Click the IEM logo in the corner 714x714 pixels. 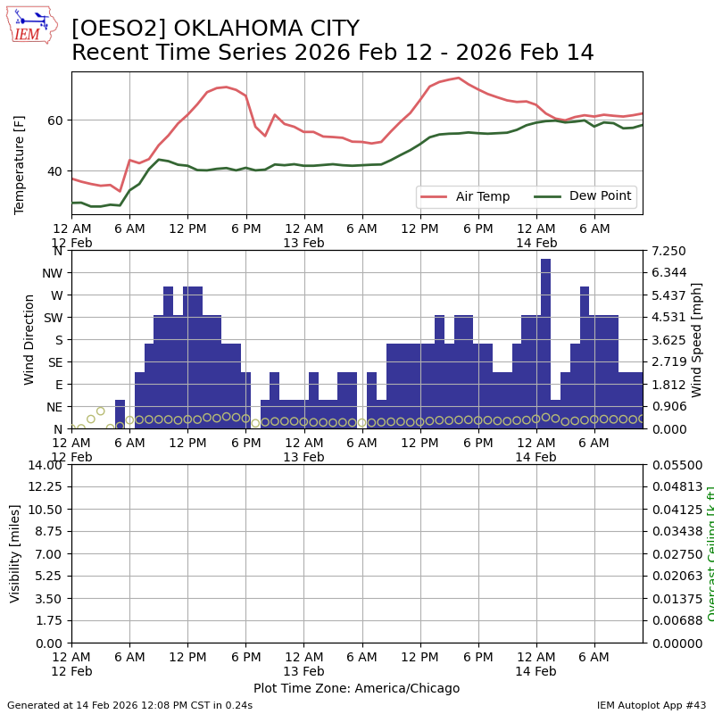(x=31, y=24)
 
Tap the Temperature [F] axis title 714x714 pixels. (x=20, y=143)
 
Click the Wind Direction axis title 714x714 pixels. (x=29, y=339)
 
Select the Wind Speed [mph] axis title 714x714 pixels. (x=697, y=339)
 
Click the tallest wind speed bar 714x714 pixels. (x=545, y=344)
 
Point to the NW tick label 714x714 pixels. (x=53, y=273)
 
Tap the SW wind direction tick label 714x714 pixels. (x=53, y=318)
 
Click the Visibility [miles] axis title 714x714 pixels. (x=15, y=553)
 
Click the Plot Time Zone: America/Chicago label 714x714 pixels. (x=356, y=689)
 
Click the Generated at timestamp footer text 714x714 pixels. (x=129, y=705)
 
